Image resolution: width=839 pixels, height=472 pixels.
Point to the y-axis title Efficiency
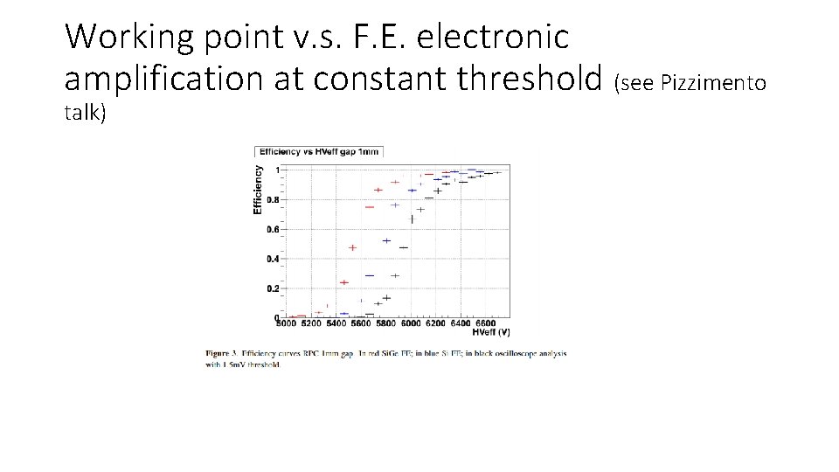pyautogui.click(x=258, y=190)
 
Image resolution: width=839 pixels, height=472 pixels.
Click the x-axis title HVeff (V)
pyautogui.click(x=490, y=332)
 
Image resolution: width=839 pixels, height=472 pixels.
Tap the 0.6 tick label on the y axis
pyautogui.click(x=273, y=230)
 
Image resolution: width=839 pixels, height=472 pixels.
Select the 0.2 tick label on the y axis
pyautogui.click(x=273, y=288)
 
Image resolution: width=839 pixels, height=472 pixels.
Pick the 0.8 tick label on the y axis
pyautogui.click(x=273, y=200)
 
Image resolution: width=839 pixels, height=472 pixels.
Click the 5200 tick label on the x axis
pyautogui.click(x=311, y=325)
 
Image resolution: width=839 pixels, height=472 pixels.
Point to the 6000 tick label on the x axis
pyautogui.click(x=411, y=325)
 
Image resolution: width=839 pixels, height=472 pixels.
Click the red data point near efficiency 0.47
pyautogui.click(x=352, y=248)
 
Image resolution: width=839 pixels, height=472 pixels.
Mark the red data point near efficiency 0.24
pyautogui.click(x=344, y=282)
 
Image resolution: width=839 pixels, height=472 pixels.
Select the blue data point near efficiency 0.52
pyautogui.click(x=386, y=241)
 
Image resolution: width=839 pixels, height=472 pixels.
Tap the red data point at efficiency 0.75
pyautogui.click(x=369, y=207)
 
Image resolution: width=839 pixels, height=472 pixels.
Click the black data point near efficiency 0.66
pyautogui.click(x=412, y=219)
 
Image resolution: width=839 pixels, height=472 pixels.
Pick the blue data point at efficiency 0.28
pyautogui.click(x=369, y=276)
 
